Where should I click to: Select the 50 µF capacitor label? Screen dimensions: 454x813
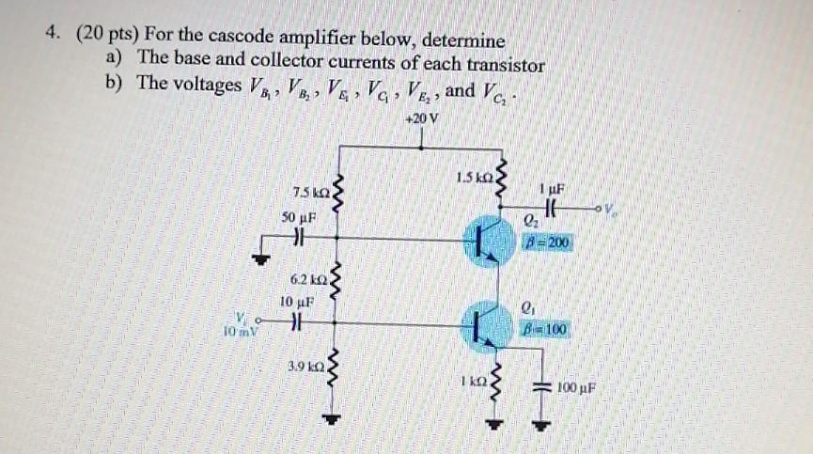[x=297, y=216]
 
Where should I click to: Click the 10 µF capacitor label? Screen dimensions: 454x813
[x=296, y=302]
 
